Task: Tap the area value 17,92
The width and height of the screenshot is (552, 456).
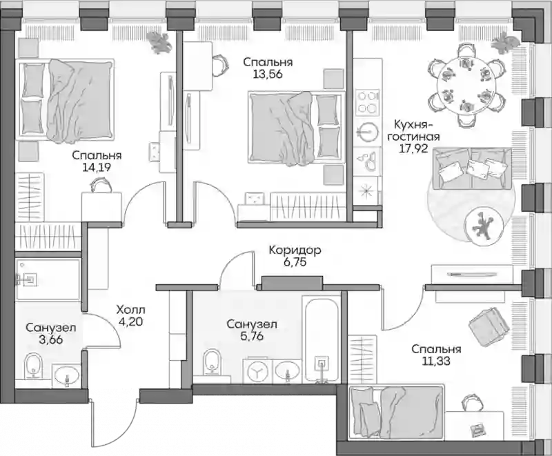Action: click(413, 148)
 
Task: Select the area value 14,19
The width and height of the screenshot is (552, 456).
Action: click(97, 167)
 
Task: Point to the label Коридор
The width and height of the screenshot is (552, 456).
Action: click(295, 250)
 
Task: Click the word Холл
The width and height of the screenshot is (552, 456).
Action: click(130, 310)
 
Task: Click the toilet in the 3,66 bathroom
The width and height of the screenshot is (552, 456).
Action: click(33, 365)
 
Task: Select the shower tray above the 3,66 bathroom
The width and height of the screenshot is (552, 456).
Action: click(48, 279)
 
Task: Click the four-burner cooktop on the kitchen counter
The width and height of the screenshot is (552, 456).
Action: click(368, 101)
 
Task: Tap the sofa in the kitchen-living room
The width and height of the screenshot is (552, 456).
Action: click(473, 169)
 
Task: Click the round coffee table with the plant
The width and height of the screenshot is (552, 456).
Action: click(482, 228)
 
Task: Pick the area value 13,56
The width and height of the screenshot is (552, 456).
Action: click(268, 74)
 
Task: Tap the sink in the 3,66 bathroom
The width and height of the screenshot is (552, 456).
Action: click(66, 375)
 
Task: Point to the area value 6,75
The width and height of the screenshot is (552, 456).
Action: click(295, 262)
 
